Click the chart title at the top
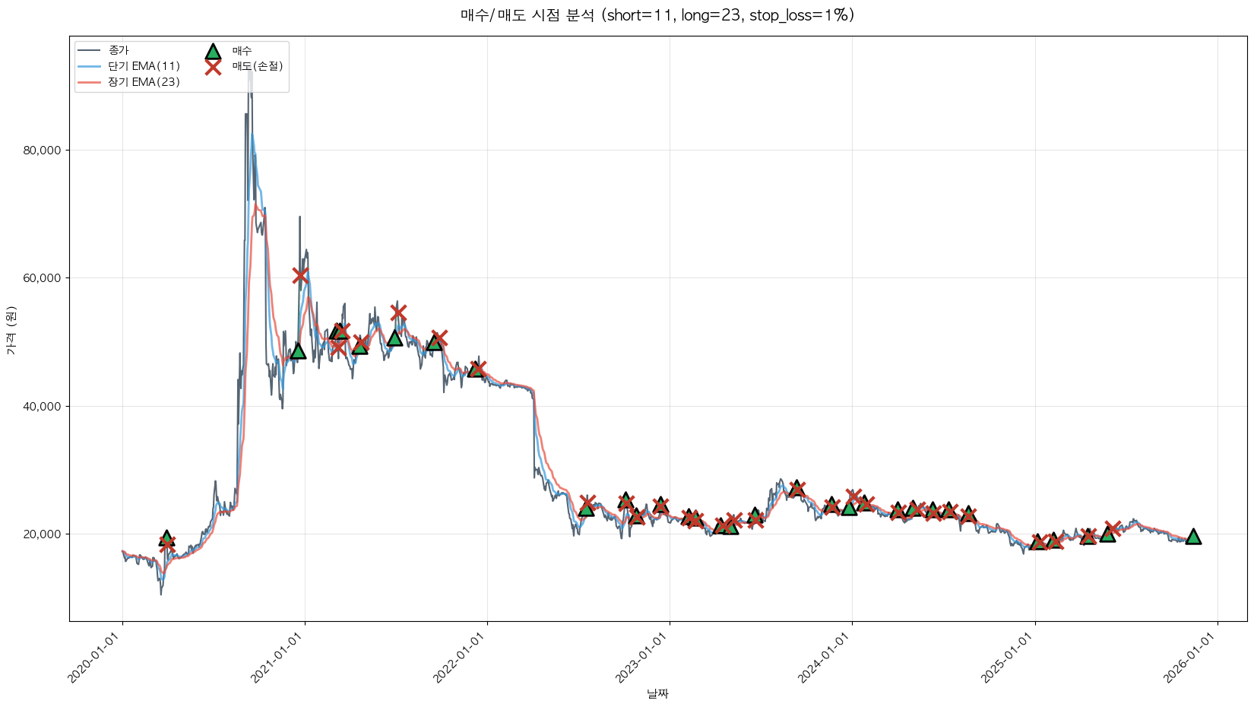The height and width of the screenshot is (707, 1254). tap(657, 15)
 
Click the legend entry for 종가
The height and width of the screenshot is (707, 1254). tap(119, 50)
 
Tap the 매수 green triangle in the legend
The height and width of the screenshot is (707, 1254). tap(213, 51)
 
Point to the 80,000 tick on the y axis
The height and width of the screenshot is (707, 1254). tap(43, 151)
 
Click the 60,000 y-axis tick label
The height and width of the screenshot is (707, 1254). tap(43, 278)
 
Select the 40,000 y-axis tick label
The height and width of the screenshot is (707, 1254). tap(43, 406)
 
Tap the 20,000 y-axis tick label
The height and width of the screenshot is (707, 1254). tap(43, 534)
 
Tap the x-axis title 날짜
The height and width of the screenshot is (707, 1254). tap(657, 693)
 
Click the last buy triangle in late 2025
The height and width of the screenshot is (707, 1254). tap(1193, 537)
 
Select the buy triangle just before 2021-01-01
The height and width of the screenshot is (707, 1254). tap(298, 350)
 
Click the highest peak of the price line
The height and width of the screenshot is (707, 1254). tap(250, 70)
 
